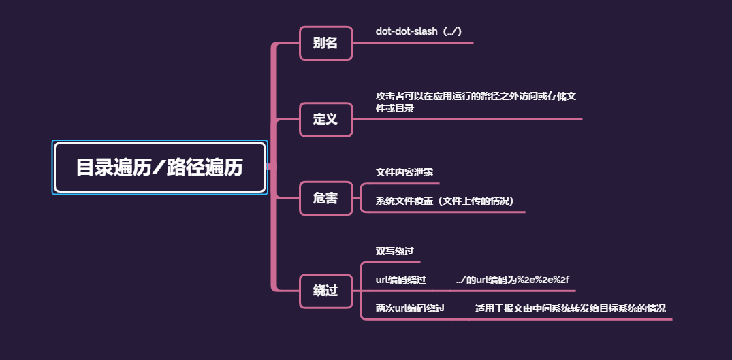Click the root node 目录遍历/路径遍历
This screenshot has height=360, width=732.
(159, 167)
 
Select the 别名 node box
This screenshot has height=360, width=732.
(325, 43)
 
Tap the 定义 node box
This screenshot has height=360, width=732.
(325, 119)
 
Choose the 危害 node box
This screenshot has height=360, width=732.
(325, 198)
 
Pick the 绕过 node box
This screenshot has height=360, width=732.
(325, 291)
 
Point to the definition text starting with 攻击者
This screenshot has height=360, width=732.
(476, 102)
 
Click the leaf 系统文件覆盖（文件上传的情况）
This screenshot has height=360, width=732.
(444, 201)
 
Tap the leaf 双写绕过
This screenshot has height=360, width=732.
(395, 251)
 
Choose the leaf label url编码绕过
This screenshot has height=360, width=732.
(401, 280)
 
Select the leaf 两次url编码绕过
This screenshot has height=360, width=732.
(411, 308)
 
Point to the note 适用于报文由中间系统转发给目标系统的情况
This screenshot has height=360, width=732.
(570, 308)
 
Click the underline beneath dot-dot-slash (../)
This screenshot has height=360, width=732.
(422, 43)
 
